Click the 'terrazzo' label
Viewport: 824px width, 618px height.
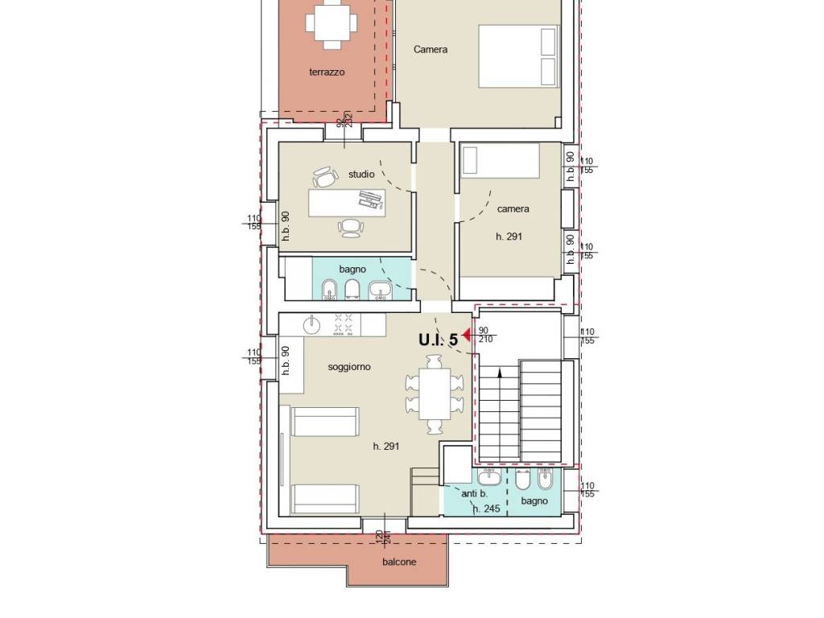327,72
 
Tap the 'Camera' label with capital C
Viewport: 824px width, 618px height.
431,49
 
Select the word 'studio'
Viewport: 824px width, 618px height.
361,174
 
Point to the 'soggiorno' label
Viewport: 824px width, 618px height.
349,367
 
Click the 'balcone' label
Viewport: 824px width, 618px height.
399,562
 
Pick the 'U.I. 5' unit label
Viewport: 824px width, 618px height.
439,340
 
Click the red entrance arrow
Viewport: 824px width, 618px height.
466,335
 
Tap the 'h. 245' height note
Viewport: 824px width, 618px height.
486,509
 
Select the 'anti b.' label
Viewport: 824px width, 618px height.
475,494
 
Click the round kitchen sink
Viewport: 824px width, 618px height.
311,326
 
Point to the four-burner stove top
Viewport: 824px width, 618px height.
344,325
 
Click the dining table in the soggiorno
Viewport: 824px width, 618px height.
435,393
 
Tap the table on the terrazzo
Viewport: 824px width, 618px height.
331,23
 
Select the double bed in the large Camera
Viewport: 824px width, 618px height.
518,56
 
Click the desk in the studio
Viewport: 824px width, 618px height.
347,203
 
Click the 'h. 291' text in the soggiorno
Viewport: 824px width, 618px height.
386,446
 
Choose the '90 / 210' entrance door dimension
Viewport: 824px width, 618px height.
485,336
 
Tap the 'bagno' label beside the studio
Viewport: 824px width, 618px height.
352,269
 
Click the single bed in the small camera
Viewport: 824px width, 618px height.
500,161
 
